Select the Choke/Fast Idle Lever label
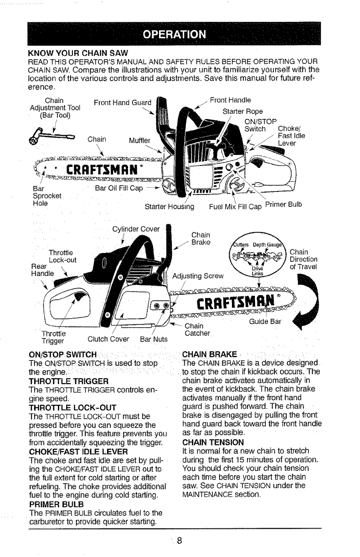pos(292,135)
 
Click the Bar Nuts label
pos(153,338)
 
